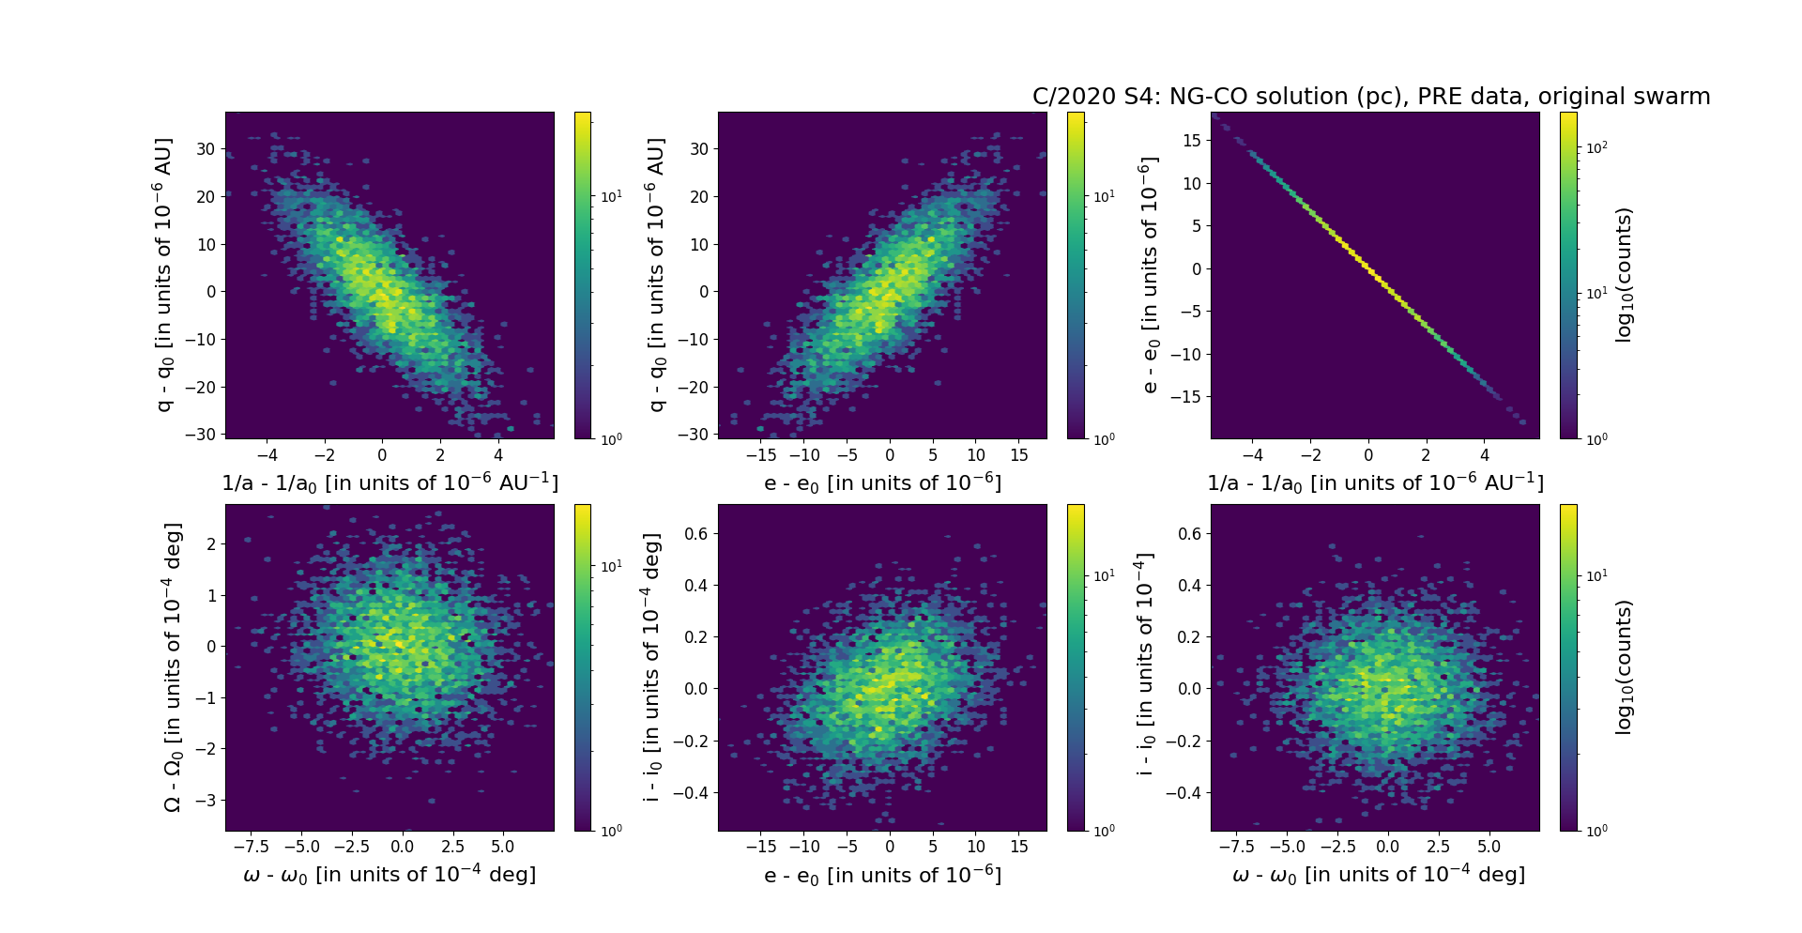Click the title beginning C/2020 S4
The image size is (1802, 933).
click(1370, 97)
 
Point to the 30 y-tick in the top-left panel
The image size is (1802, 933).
click(206, 149)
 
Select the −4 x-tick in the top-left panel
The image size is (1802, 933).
click(267, 455)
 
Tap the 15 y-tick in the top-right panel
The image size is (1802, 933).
click(1191, 141)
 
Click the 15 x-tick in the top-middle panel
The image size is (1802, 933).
click(1018, 455)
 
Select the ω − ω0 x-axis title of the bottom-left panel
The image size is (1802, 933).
click(389, 875)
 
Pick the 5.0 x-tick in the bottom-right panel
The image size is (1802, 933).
click(1489, 847)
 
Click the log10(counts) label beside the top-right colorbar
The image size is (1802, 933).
click(1624, 275)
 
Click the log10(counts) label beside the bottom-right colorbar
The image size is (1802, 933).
click(1624, 667)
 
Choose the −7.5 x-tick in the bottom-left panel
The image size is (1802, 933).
click(256, 847)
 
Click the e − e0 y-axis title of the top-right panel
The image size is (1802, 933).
click(1149, 275)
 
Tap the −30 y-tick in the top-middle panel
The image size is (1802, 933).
click(694, 435)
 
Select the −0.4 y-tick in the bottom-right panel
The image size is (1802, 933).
click(1183, 793)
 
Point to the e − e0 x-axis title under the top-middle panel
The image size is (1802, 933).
click(882, 483)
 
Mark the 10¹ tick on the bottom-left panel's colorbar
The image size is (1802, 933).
click(610, 566)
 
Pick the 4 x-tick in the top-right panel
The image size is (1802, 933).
click(1485, 455)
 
